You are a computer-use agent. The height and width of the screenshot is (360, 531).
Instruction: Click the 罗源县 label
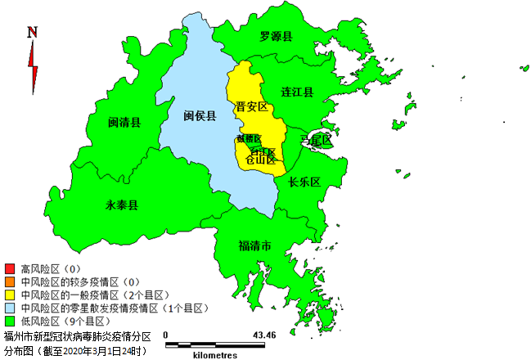(x=277, y=36)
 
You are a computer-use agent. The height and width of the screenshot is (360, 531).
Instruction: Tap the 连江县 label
(x=297, y=92)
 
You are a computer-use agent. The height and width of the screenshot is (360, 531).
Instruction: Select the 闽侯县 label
(x=200, y=116)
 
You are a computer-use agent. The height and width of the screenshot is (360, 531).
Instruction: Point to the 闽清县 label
(x=124, y=123)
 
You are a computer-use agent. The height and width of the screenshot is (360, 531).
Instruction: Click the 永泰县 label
(x=122, y=205)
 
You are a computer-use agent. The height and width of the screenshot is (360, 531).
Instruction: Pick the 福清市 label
(x=254, y=245)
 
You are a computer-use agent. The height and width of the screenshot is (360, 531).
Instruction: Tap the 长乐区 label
(x=303, y=182)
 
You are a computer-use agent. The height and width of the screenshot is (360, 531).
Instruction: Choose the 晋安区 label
(x=251, y=107)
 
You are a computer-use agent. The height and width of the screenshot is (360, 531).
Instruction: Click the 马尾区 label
(x=317, y=141)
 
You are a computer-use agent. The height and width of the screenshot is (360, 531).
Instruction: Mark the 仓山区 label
(x=261, y=160)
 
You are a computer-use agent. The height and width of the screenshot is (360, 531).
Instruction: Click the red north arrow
(x=34, y=66)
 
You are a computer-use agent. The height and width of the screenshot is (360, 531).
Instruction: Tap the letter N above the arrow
(x=32, y=33)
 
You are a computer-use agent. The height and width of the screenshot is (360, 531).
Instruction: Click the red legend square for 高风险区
(x=10, y=268)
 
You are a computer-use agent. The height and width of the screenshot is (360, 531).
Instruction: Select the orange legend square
(x=10, y=281)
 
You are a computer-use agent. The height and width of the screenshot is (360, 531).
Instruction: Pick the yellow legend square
(x=10, y=295)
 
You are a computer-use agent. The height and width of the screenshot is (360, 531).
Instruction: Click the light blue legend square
(x=10, y=308)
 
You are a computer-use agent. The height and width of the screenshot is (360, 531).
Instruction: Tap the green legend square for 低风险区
(x=10, y=321)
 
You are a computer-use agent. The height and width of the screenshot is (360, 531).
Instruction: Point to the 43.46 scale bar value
(x=264, y=335)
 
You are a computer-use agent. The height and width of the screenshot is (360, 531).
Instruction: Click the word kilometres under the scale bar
(x=215, y=355)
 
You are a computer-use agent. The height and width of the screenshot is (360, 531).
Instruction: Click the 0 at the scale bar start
(x=165, y=335)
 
